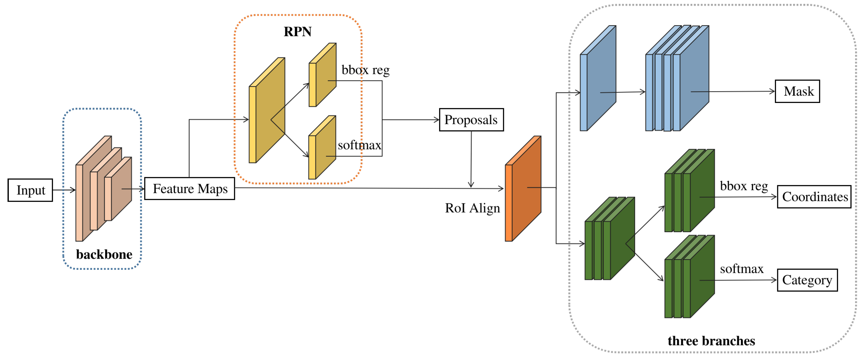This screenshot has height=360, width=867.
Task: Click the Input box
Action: click(30, 190)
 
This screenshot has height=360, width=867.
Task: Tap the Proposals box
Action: click(471, 120)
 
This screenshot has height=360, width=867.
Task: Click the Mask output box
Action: click(797, 91)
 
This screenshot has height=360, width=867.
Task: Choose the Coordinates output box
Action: click(814, 197)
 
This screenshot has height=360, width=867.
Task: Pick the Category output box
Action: click(807, 280)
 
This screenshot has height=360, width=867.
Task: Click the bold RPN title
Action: click(297, 32)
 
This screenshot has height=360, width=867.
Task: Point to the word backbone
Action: click(104, 254)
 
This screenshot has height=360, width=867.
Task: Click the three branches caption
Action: click(711, 341)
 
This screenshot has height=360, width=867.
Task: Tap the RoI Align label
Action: click(472, 208)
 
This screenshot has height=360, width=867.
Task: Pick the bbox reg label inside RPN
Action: click(365, 70)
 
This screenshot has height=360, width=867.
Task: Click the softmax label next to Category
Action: click(741, 269)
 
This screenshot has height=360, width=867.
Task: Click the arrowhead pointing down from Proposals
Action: click(471, 184)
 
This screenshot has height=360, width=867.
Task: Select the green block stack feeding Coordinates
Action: click(690, 192)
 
